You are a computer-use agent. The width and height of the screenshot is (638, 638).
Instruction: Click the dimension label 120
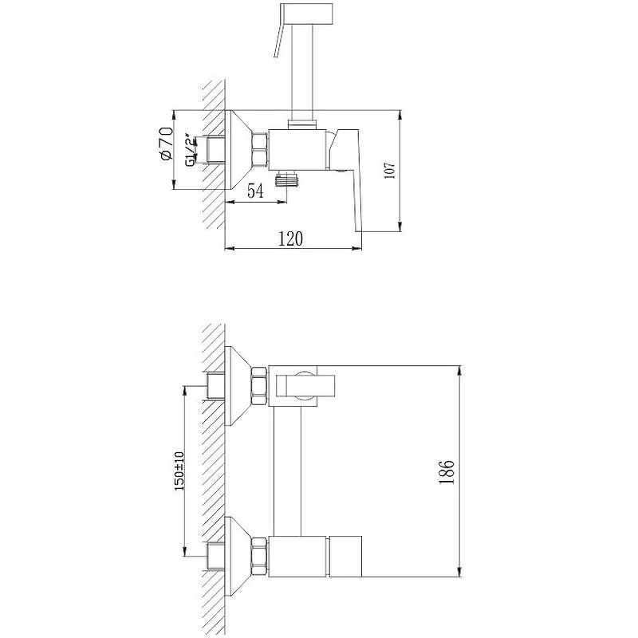[x=290, y=238]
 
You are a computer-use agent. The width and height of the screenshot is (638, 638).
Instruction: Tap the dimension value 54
[x=255, y=191]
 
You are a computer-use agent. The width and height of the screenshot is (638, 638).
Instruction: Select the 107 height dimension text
[x=390, y=171]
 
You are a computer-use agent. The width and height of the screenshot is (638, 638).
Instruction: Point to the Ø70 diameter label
[x=167, y=144]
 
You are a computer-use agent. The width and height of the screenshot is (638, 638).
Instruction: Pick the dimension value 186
[x=447, y=471]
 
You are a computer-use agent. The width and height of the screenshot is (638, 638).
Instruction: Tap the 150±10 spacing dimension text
[x=179, y=471]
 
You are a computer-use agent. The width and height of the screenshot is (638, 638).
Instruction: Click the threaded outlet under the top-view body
[x=286, y=179]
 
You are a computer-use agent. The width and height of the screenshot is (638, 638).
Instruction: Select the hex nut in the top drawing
[x=260, y=150]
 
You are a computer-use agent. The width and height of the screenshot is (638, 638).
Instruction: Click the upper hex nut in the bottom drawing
[x=259, y=386]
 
